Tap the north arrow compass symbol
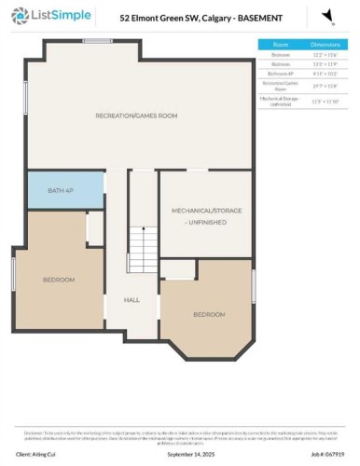point(327,17)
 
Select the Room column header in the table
point(280,44)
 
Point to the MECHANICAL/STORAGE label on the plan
point(206,215)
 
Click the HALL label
point(132,300)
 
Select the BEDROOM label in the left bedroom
point(58,279)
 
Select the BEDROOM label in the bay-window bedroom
point(209,315)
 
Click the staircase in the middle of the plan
point(143,251)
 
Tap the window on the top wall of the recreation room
point(97,42)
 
